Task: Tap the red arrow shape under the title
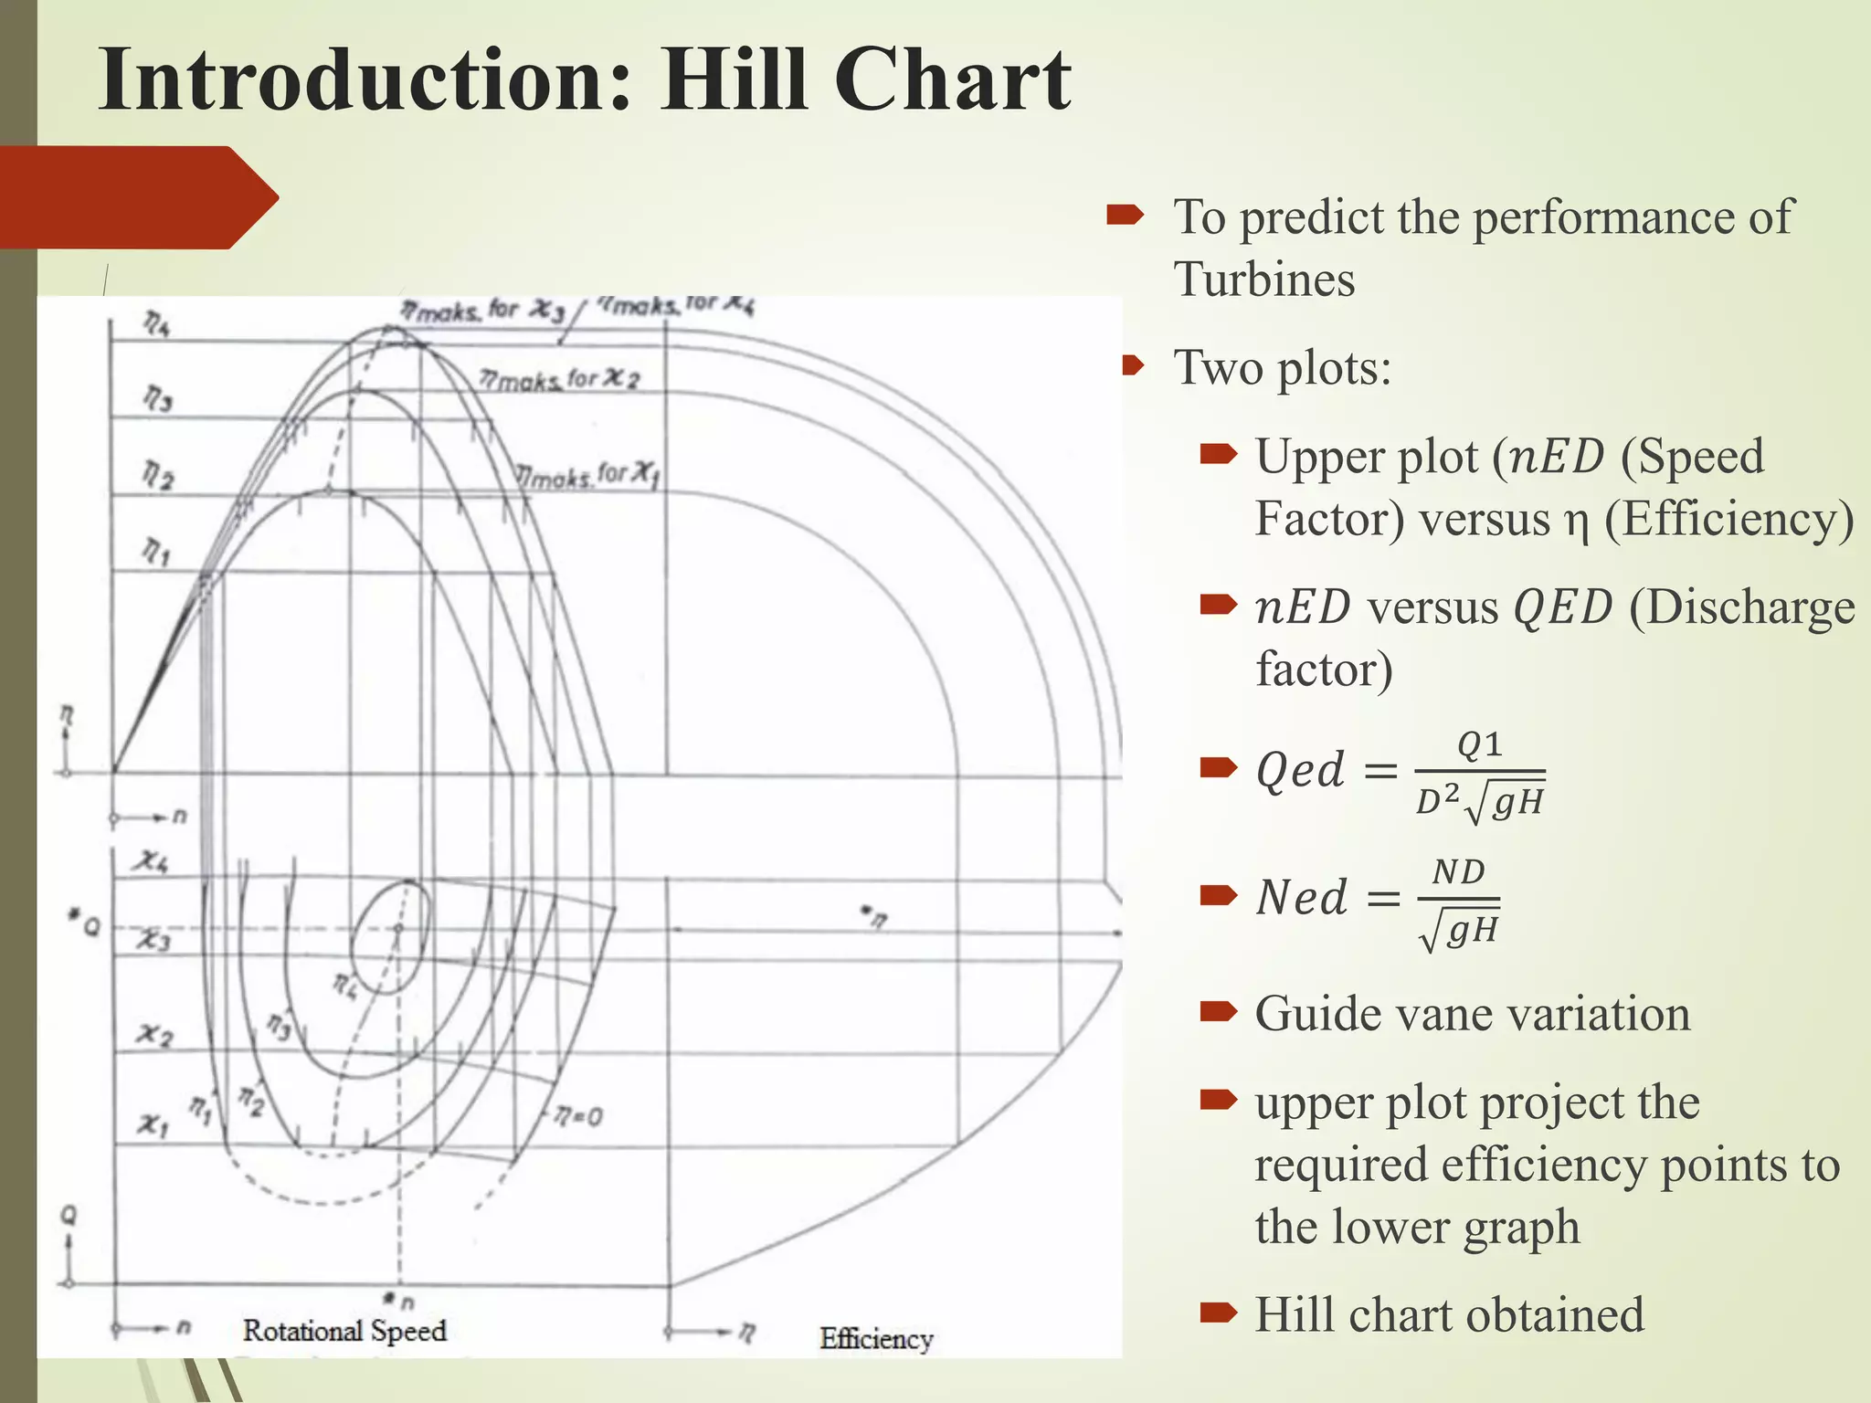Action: click(137, 197)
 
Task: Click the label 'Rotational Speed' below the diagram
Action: click(344, 1331)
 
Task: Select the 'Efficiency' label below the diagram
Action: click(875, 1339)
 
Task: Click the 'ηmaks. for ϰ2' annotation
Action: click(559, 379)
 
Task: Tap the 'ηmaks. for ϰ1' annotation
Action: click(587, 475)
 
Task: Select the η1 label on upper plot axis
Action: click(155, 551)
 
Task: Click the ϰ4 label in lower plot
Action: click(151, 860)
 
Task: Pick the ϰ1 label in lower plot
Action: click(153, 1124)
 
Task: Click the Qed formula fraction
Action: click(1479, 775)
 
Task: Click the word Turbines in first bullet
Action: click(1263, 280)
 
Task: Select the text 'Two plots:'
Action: click(1282, 368)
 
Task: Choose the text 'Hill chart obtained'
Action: click(1448, 1314)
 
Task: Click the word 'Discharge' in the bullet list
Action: click(1741, 607)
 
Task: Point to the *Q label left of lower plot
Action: click(84, 924)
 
